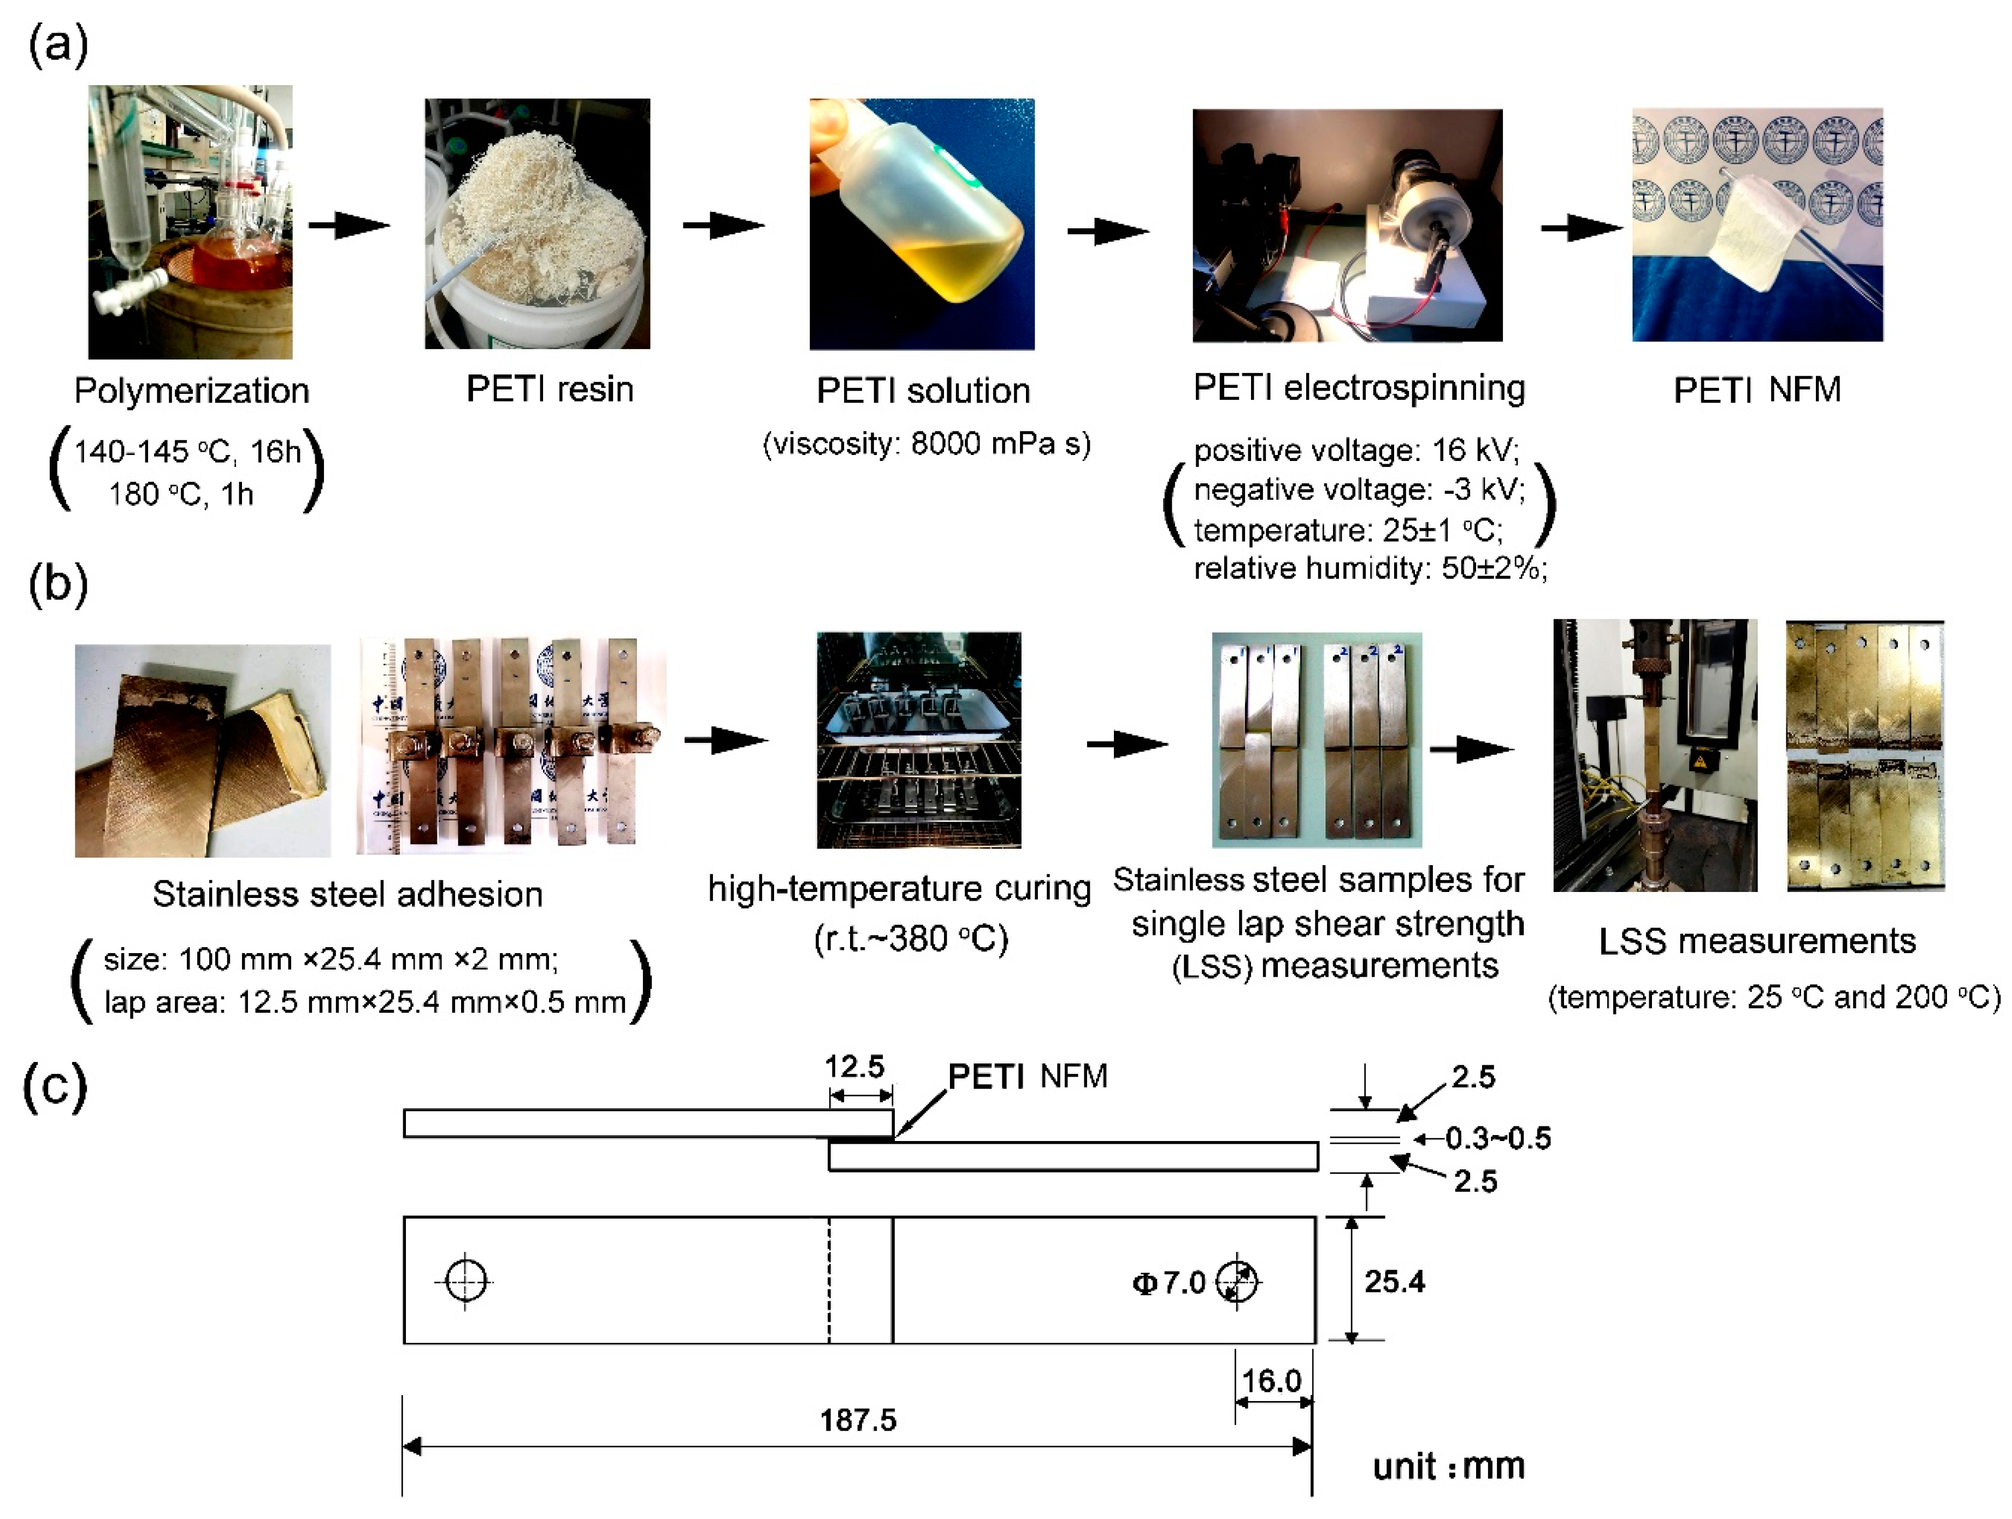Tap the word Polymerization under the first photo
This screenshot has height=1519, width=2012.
(192, 391)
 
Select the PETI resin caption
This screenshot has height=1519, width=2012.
(550, 389)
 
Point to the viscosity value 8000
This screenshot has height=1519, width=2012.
(946, 444)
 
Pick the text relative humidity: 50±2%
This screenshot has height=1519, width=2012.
(1370, 569)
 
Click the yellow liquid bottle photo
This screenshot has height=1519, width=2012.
(922, 224)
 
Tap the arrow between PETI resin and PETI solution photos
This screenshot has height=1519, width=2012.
(723, 226)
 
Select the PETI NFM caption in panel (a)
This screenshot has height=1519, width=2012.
(1756, 390)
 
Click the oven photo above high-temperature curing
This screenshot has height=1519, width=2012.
(919, 740)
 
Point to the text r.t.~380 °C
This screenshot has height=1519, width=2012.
(911, 939)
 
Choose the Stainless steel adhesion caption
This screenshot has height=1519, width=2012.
(347, 894)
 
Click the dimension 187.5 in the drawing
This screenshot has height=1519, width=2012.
(858, 1420)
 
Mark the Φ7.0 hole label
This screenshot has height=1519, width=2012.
(1169, 1282)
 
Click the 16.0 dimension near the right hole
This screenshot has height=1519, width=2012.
(1272, 1381)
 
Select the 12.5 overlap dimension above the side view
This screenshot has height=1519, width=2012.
(854, 1066)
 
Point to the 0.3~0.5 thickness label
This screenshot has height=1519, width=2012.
(1497, 1138)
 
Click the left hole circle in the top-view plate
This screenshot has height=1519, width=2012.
(465, 1281)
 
